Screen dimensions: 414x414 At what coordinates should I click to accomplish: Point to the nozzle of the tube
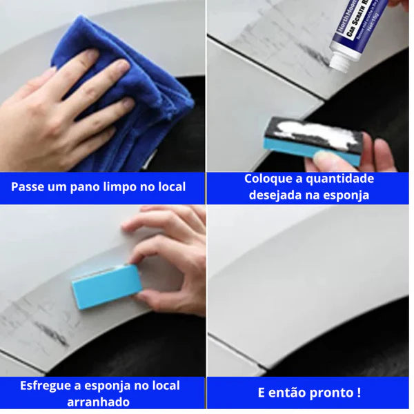pyautogui.click(x=337, y=63)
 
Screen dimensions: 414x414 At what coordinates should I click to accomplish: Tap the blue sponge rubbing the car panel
pyautogui.click(x=106, y=286)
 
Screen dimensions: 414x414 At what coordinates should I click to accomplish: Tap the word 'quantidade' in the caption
pyautogui.click(x=341, y=179)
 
